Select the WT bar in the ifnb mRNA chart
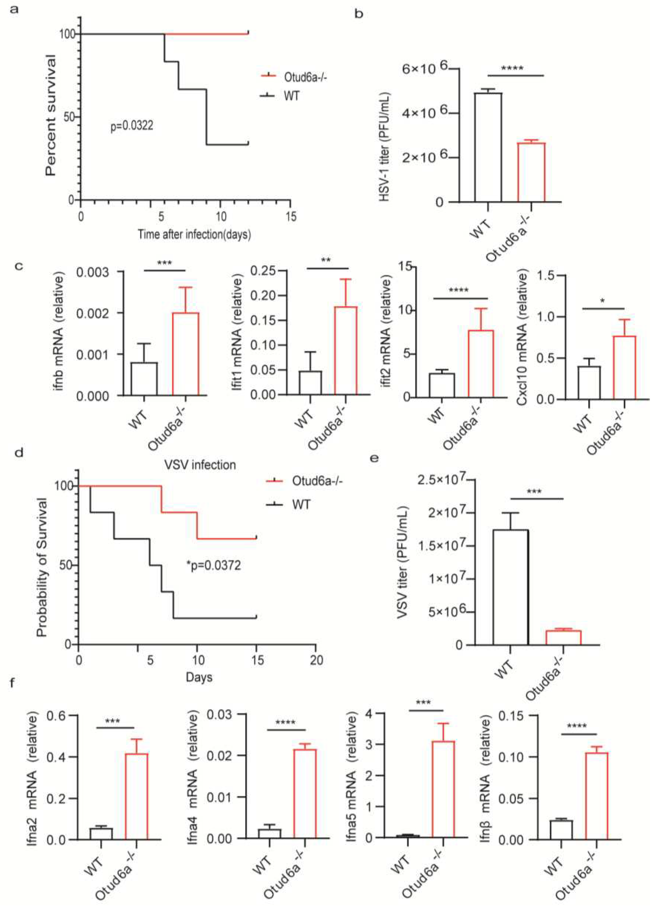point(144,379)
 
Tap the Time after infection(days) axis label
point(194,234)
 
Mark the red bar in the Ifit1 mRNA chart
point(346,350)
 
